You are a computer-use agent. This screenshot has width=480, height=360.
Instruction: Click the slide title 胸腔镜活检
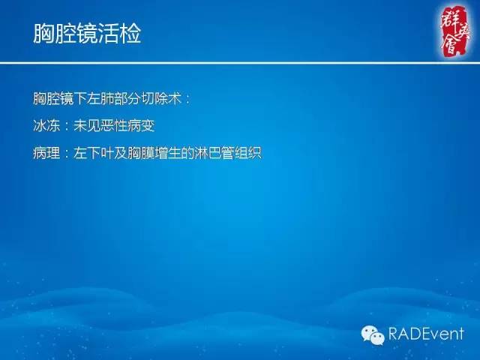pos(87,34)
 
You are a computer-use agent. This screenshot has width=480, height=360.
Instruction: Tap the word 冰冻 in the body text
pos(46,124)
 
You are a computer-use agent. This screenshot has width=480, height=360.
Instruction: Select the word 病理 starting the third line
pos(46,151)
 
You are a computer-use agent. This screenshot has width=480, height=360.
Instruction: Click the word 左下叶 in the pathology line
pos(93,151)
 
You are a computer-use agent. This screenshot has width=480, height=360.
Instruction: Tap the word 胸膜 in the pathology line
pos(138,151)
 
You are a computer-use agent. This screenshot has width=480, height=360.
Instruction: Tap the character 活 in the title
pos(109,34)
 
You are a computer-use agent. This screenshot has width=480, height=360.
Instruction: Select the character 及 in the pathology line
pos(117,151)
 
